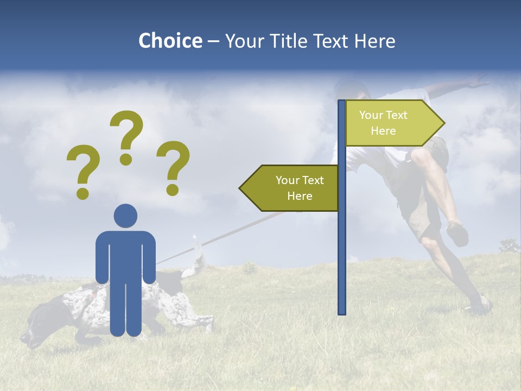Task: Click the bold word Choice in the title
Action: click(x=170, y=41)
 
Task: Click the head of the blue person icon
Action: click(x=125, y=216)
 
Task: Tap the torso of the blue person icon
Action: click(x=125, y=255)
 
